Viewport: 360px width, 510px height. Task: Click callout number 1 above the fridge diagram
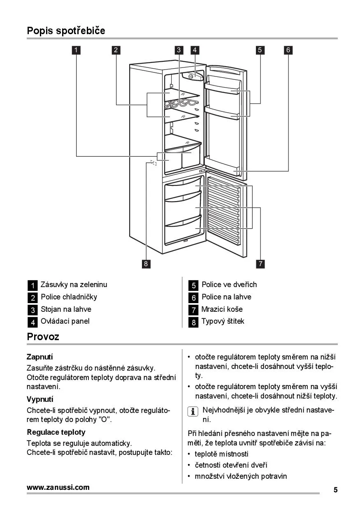(76, 50)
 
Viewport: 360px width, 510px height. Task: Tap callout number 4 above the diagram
(195, 50)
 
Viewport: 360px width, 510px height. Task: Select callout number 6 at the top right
(288, 50)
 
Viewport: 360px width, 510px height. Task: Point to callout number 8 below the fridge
(145, 264)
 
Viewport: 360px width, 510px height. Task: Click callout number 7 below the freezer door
(261, 264)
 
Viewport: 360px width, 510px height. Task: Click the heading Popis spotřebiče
(66, 30)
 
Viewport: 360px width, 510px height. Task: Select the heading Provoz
(43, 337)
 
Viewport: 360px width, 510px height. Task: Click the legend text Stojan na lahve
(66, 309)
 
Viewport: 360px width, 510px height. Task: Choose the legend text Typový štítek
(223, 322)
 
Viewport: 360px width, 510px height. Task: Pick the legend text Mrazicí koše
(222, 309)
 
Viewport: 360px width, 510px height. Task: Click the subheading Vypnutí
(40, 399)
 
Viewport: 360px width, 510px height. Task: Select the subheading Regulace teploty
(56, 432)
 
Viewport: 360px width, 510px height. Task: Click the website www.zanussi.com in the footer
(58, 488)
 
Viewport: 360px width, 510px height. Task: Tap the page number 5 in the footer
(335, 490)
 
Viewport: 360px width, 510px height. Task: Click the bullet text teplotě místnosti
(221, 454)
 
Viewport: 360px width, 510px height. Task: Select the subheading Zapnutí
(39, 357)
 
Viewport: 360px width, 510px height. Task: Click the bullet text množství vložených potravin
(241, 476)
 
